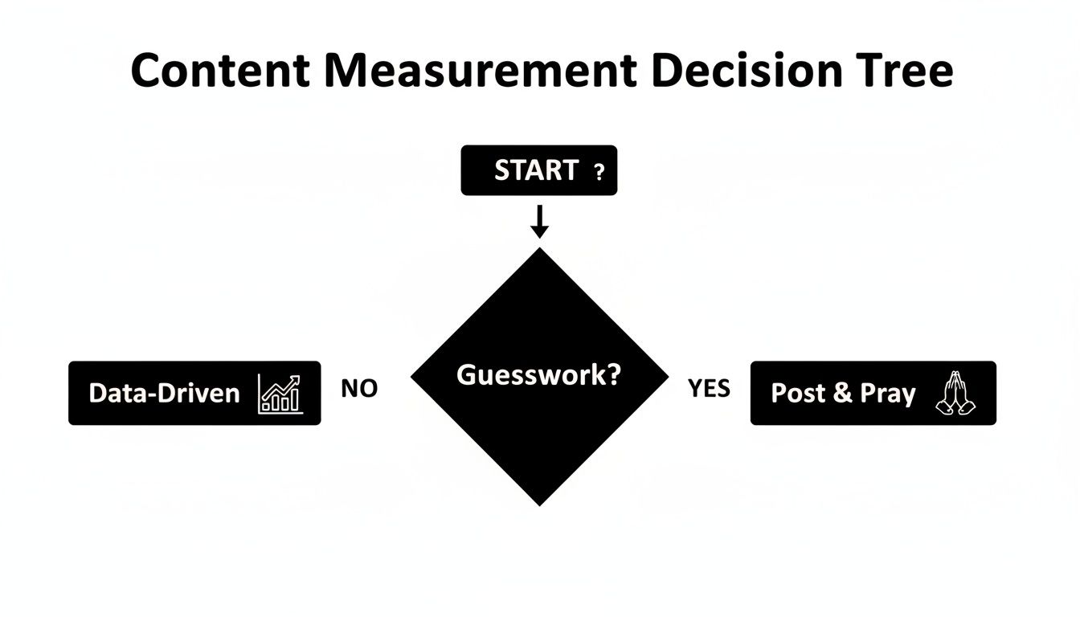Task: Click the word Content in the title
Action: [x=219, y=72]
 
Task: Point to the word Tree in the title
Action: [x=907, y=72]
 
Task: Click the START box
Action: [x=538, y=170]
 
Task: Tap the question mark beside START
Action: [x=597, y=172]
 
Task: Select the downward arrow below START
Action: [x=540, y=223]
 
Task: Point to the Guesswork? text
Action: [x=538, y=374]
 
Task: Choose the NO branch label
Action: [x=359, y=389]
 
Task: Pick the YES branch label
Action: [x=709, y=389]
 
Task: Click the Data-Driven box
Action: [x=194, y=393]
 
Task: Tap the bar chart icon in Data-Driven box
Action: [x=280, y=394]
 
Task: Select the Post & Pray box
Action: [x=873, y=393]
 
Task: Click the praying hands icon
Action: [x=955, y=394]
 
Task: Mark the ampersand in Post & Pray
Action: [x=842, y=393]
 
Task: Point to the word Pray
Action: [x=888, y=394]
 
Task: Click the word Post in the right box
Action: [x=798, y=393]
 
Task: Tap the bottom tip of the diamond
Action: [x=539, y=502]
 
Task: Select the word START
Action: [x=536, y=170]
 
